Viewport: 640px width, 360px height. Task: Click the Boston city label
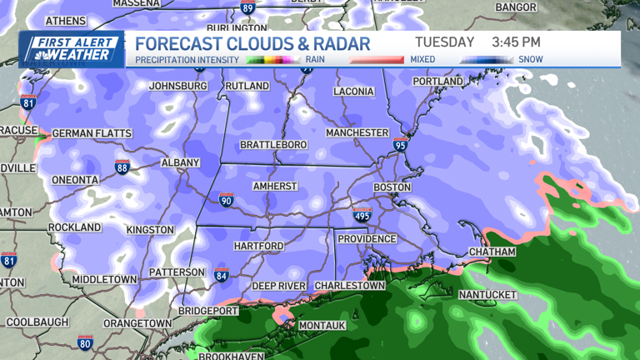click(392, 187)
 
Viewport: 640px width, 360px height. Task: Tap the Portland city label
click(437, 81)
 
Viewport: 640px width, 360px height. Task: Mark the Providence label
click(367, 238)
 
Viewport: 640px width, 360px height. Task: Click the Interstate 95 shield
click(401, 146)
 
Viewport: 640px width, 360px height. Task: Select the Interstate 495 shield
click(362, 216)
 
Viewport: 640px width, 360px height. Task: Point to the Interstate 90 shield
click(226, 200)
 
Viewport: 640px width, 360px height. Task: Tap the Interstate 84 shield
click(221, 274)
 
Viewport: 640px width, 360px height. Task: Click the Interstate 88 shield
click(122, 167)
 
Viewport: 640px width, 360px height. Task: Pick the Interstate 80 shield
click(84, 342)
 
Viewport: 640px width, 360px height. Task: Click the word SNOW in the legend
click(531, 60)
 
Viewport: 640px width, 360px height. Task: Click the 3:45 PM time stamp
click(516, 42)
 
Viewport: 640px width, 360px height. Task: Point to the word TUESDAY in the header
click(444, 42)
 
